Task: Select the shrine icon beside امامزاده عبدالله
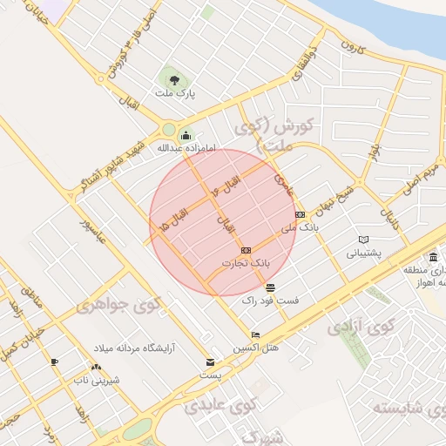185,135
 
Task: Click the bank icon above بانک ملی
300,214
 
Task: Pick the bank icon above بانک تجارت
246,250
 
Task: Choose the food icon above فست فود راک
270,287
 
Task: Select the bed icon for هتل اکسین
255,335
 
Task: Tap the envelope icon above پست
209,362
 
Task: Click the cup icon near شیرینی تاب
54,362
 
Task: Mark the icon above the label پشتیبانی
364,240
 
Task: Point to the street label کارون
350,44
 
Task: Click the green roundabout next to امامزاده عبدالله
168,131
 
